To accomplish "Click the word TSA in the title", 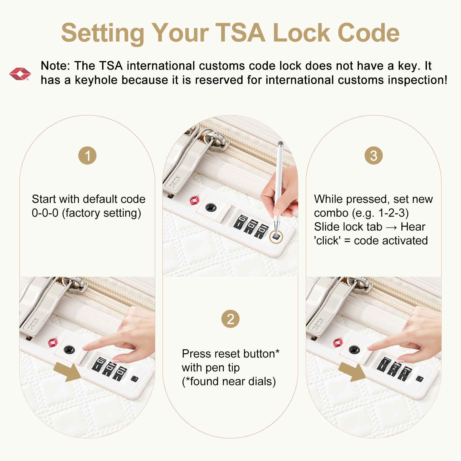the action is [x=240, y=33].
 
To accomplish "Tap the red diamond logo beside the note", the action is [x=20, y=74].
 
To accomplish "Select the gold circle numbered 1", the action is [x=87, y=156].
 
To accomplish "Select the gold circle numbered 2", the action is [x=230, y=319].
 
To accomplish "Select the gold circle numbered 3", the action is [x=373, y=156].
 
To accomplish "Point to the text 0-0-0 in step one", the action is [x=45, y=213].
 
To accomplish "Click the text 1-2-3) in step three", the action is [x=394, y=213].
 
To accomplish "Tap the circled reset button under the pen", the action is [x=276, y=237].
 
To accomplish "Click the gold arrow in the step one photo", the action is [x=67, y=372].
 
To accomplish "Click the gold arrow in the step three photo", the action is [x=352, y=372].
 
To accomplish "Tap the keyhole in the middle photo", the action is [x=211, y=207].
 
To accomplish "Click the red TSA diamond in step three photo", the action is [x=338, y=342].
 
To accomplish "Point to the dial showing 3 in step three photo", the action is [x=404, y=373].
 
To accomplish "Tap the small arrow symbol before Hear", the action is [x=391, y=227].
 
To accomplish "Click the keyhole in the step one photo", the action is [x=69, y=350].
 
